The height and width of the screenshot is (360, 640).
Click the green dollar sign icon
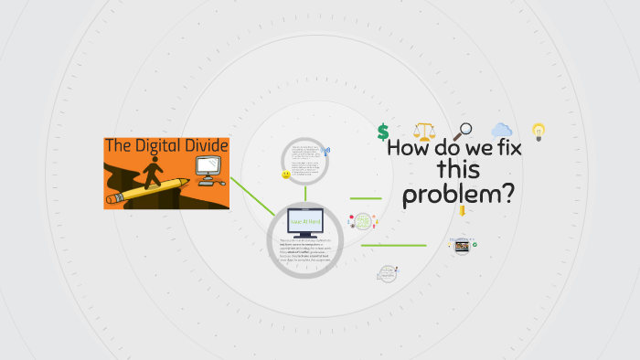click(383, 132)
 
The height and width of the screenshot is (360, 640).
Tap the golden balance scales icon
click(424, 132)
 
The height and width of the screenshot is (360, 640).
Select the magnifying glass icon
click(463, 132)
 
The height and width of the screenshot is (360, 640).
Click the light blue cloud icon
click(501, 131)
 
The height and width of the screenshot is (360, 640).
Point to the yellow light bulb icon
click(539, 132)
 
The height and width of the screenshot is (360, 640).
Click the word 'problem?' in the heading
click(459, 194)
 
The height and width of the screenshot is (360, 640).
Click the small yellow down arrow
click(463, 212)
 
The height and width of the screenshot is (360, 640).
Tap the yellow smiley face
click(286, 174)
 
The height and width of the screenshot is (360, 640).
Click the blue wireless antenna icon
click(326, 152)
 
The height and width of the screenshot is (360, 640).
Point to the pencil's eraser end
click(113, 198)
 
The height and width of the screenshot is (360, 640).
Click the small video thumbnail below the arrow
click(462, 246)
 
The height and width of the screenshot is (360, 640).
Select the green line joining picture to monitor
click(251, 196)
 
